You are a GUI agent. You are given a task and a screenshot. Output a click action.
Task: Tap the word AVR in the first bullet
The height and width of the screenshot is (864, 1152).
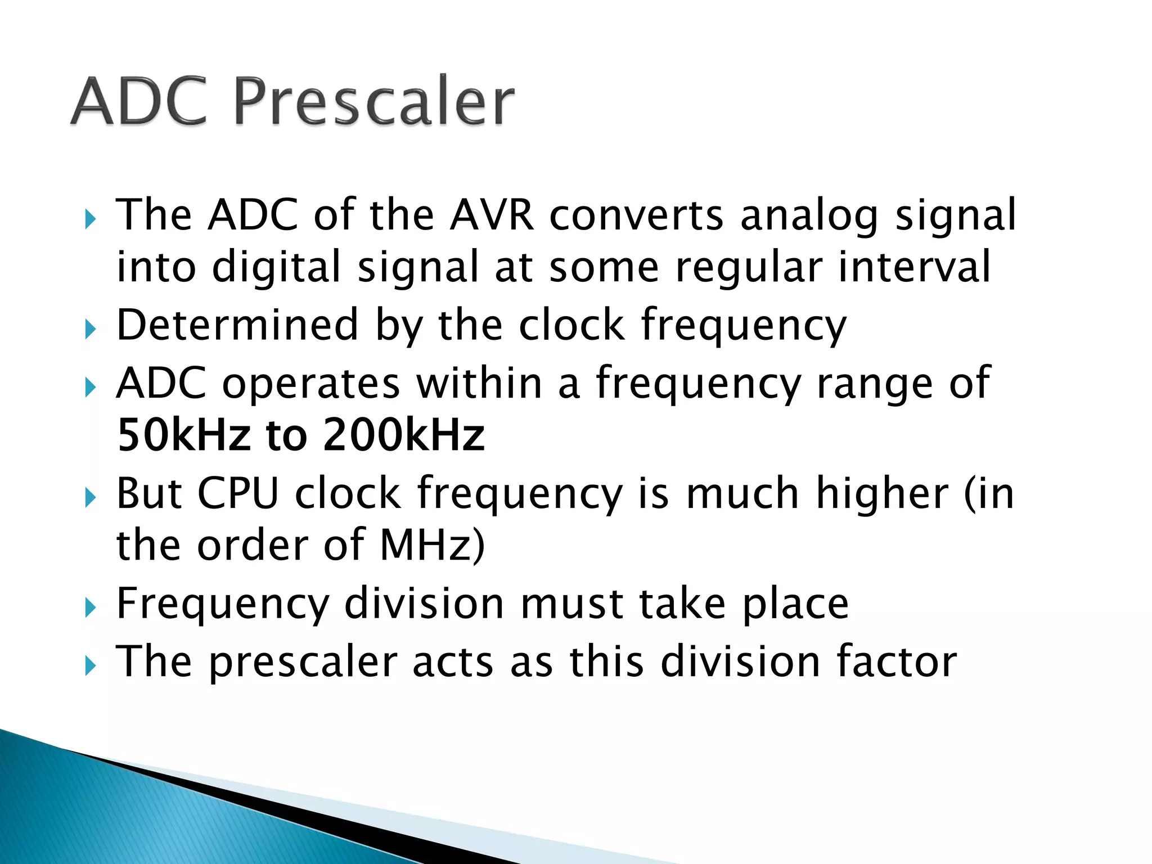point(492,215)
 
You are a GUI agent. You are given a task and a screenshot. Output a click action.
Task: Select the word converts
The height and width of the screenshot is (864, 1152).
point(636,216)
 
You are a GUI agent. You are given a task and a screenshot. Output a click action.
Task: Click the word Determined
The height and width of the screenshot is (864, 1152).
point(237,325)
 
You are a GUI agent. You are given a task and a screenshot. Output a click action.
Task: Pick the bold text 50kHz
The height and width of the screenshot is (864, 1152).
point(183,435)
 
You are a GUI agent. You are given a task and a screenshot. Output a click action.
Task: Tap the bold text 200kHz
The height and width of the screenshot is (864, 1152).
point(403,435)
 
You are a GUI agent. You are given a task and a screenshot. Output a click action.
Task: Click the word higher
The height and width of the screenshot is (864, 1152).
point(883,493)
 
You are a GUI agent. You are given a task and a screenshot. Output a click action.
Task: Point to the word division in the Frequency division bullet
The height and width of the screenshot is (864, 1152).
point(424,603)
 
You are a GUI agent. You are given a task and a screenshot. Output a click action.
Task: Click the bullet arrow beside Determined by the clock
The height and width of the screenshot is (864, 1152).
point(90,329)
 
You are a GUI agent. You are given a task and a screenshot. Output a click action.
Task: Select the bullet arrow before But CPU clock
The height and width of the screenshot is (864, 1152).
point(90,498)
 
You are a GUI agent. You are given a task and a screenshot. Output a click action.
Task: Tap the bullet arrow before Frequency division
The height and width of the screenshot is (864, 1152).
point(90,608)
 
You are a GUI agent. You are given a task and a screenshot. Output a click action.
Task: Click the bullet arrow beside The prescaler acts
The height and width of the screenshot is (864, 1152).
point(90,666)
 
